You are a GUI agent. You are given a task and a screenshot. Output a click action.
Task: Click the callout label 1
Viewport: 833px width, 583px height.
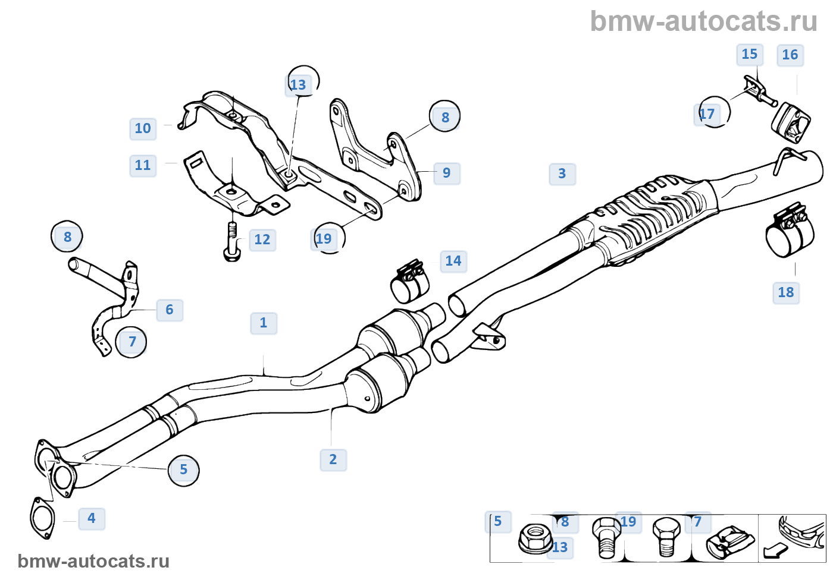(264, 323)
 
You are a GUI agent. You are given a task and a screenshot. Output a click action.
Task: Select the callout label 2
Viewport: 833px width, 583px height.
(333, 459)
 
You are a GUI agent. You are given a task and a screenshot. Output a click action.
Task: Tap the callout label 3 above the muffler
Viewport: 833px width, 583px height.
(562, 174)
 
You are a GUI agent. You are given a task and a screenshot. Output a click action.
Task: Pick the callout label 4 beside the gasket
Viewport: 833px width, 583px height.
(92, 518)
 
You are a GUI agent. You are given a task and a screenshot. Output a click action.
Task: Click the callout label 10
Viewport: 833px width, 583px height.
(143, 128)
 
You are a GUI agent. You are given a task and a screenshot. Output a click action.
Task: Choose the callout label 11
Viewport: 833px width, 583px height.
(143, 165)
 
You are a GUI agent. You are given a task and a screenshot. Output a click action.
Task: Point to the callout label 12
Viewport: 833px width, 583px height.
(262, 239)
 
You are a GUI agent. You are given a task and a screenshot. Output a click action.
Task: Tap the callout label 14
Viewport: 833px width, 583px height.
(453, 261)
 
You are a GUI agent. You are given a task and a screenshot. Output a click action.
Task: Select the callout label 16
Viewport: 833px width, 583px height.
(790, 55)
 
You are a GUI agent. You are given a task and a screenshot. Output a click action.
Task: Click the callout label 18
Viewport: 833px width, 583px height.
(786, 292)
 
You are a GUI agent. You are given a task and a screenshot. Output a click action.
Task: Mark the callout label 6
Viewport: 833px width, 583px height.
(170, 310)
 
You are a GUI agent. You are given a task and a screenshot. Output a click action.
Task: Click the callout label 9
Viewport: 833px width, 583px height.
(447, 173)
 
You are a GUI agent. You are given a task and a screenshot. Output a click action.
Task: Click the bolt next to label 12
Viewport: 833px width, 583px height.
(232, 243)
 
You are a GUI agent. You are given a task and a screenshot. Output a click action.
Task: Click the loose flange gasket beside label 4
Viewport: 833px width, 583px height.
(42, 517)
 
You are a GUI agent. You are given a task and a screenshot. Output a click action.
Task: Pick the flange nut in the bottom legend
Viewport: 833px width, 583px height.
(535, 538)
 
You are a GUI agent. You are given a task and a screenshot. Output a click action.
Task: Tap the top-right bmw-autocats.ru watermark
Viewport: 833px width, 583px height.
(703, 22)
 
